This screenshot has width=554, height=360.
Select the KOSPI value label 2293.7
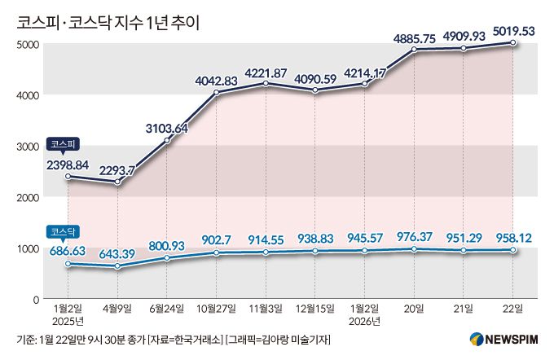119,171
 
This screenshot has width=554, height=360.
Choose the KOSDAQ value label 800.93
168,244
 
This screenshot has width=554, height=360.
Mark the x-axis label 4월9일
117,310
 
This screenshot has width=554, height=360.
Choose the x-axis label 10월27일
216,310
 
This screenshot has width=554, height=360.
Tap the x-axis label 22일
512,310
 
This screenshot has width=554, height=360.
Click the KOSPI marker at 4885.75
414,50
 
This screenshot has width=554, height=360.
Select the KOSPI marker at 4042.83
216,93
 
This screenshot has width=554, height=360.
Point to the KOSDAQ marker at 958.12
512,250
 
